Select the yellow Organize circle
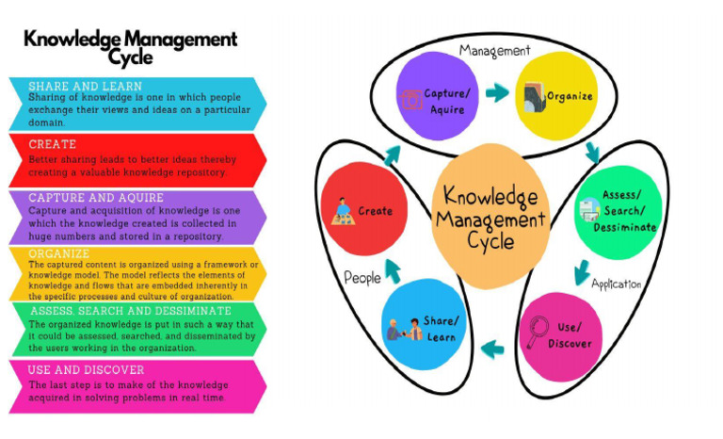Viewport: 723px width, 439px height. click(x=558, y=94)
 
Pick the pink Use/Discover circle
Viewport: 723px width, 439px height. click(x=561, y=335)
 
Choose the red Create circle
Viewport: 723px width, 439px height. click(x=362, y=209)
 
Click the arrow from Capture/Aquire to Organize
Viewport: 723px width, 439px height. click(x=497, y=93)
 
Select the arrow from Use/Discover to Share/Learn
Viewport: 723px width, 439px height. click(x=490, y=350)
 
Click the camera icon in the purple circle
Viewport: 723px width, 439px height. click(x=411, y=98)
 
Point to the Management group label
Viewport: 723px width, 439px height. click(x=494, y=50)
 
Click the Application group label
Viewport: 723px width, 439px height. click(x=616, y=284)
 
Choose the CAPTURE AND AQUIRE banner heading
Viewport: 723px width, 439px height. click(x=96, y=198)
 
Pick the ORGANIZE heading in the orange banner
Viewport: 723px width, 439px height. click(x=59, y=253)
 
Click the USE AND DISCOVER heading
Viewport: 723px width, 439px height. click(x=87, y=370)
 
